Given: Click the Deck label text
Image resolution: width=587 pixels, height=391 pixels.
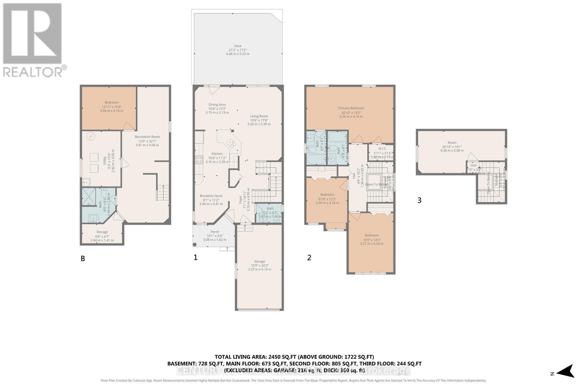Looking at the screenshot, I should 238,46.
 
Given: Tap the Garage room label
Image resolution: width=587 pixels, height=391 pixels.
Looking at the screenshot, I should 259,262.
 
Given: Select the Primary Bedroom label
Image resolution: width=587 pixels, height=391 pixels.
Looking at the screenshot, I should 351,108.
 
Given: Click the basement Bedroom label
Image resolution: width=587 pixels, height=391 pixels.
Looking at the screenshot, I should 112,103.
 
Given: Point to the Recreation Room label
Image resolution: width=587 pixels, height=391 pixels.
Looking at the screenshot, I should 147,137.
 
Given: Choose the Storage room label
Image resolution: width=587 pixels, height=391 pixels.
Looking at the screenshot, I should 102,232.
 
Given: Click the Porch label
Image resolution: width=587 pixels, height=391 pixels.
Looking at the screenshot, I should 215,232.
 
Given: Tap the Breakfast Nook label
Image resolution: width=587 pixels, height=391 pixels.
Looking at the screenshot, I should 211,196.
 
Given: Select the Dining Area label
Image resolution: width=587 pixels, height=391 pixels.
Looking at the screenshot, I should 217,105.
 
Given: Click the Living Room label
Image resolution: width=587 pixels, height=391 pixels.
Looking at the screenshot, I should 259,116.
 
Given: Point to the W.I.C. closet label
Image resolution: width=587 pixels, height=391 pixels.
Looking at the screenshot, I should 382,149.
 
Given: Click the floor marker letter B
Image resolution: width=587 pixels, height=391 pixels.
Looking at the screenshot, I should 83,259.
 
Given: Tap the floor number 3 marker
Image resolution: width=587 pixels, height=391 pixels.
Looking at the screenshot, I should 419,200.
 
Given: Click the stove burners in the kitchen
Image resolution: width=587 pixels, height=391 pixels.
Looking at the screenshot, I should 199,159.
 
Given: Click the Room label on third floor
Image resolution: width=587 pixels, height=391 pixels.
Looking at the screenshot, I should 452,143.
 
